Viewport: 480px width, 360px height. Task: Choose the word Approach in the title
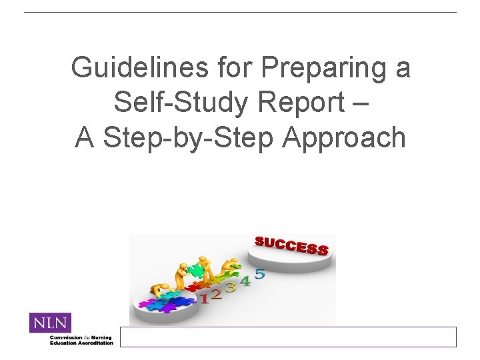[x=344, y=138]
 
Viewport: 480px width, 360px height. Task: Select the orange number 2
[x=217, y=293]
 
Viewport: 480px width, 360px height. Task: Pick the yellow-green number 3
[x=231, y=287]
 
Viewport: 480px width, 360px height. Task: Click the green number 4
[x=245, y=281]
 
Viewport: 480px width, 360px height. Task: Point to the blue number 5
[x=259, y=273]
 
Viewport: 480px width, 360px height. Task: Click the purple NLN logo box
[x=50, y=323]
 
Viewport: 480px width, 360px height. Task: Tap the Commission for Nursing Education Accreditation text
[x=81, y=340]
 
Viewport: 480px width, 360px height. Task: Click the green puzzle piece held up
[x=195, y=270]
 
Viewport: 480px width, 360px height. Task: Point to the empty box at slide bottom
[x=288, y=337]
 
